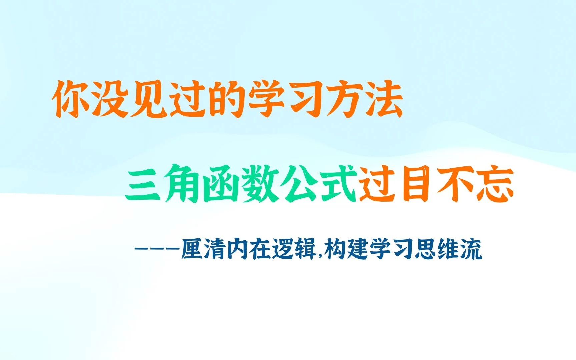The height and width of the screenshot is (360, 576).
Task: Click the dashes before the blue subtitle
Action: [x=157, y=249]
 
